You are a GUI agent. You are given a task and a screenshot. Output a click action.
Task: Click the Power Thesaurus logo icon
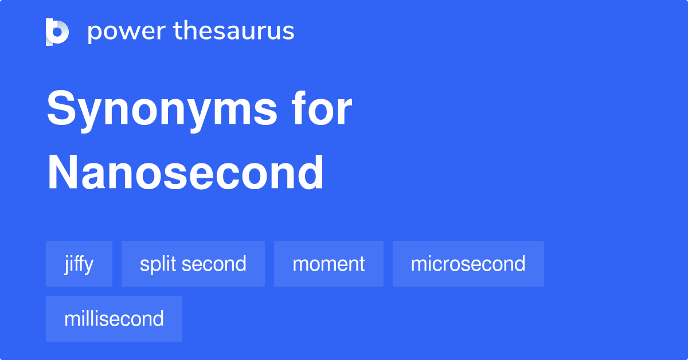tap(57, 32)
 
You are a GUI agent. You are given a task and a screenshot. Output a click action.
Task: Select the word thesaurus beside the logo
tap(234, 32)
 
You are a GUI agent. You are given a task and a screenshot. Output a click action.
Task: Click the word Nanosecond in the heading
tap(186, 173)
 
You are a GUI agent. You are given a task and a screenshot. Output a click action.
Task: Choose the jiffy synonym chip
tap(79, 264)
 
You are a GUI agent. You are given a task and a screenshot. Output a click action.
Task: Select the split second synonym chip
tap(193, 264)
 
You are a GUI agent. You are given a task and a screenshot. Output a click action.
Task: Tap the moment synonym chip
tap(329, 264)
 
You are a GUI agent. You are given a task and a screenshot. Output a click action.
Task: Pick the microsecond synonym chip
tap(468, 264)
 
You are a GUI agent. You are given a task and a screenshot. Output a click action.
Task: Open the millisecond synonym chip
tap(114, 319)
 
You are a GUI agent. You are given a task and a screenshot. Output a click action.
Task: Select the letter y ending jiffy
tap(89, 265)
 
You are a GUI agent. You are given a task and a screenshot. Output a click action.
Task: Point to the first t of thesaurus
tap(178, 32)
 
